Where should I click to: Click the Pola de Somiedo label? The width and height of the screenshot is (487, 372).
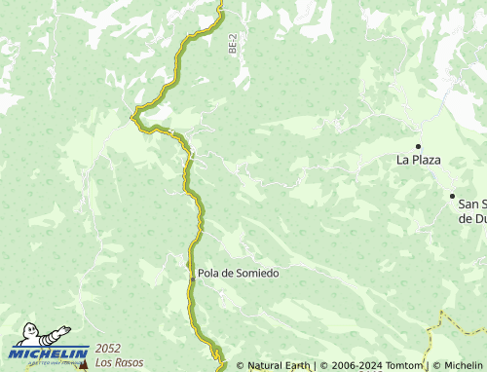point(238,274)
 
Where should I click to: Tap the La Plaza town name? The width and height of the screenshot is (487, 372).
point(418,158)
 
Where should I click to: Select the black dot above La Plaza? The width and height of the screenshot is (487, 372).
point(418,146)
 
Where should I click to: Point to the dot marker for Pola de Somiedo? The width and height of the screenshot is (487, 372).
point(191,274)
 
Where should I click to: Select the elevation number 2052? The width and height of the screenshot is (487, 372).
point(107,350)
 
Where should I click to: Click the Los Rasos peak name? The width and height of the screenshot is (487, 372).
point(115,363)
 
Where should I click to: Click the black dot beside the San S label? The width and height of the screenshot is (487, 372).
point(452,196)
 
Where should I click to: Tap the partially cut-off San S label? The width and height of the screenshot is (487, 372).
point(471,205)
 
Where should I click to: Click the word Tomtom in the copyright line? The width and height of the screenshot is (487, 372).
point(403,366)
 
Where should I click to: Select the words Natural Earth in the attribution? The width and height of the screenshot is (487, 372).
point(279,366)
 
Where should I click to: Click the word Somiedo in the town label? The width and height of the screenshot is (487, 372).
point(257,274)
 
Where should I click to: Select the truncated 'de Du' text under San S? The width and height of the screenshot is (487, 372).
point(471,219)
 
